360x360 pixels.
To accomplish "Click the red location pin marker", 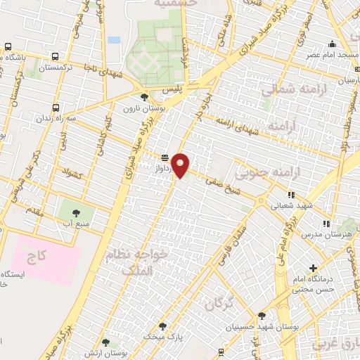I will (x=181, y=165).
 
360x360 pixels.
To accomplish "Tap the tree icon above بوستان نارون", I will (x=144, y=98).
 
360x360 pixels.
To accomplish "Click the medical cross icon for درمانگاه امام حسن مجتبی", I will (x=313, y=268).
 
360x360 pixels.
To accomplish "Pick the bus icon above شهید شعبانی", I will (x=290, y=194).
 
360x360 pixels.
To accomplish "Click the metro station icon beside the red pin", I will (x=165, y=157).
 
